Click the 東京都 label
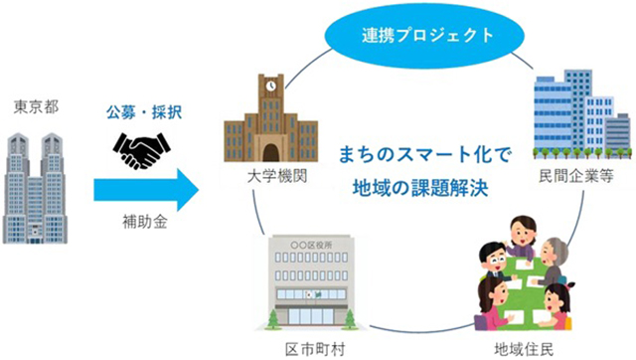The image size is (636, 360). [36, 107]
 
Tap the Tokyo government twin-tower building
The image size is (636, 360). [35, 188]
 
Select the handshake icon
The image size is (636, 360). [141, 150]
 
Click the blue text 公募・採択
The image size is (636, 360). [144, 112]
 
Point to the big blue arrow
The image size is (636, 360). [146, 190]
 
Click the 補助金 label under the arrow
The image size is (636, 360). [145, 222]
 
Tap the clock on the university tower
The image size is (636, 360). [271, 86]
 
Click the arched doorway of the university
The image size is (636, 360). [271, 152]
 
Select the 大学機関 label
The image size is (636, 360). [277, 177]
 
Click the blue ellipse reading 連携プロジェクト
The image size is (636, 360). [424, 36]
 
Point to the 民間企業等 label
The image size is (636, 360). [576, 176]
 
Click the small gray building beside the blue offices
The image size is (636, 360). [618, 132]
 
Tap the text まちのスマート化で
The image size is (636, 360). [424, 154]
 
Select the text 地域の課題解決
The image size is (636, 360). [420, 188]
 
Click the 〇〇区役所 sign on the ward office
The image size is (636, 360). [311, 246]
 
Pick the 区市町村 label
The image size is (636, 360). [315, 349]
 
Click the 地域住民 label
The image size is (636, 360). [524, 349]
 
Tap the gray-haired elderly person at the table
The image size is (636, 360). [552, 261]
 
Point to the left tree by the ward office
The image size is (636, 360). [274, 319]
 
